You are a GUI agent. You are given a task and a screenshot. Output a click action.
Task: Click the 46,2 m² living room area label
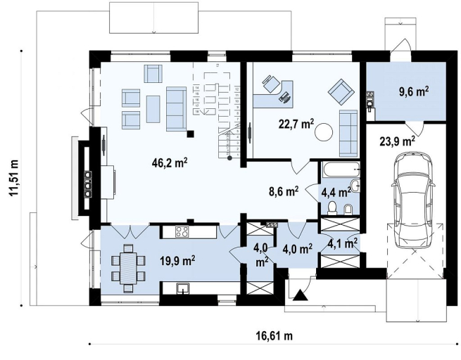tap(170, 163)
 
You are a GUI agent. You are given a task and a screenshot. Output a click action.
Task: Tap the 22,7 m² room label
tap(296, 124)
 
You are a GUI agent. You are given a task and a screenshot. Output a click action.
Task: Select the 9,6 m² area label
tap(413, 91)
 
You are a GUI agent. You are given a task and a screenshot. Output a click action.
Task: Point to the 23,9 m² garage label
tap(398, 141)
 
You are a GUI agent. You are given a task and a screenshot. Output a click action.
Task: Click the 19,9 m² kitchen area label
tap(177, 260)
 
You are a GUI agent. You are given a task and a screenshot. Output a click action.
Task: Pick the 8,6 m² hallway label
tap(284, 191)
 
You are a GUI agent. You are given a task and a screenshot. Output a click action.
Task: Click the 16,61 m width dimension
tap(275, 335)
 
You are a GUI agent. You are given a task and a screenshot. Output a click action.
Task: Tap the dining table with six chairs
tap(129, 269)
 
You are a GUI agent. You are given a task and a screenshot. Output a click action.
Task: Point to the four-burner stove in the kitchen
tap(183, 231)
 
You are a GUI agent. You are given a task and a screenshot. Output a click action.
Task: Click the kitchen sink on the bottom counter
tap(184, 289)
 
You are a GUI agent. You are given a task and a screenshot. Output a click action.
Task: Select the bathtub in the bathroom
tap(341, 169)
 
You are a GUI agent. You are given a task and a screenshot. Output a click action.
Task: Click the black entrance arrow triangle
tap(301, 295)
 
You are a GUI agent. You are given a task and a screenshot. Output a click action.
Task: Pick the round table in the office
tap(324, 132)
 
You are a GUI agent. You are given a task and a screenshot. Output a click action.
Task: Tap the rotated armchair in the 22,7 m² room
tap(341, 92)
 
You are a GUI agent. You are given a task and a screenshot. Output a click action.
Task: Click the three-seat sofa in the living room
tap(176, 108)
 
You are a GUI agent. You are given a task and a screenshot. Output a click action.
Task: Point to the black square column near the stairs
tap(191, 134)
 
